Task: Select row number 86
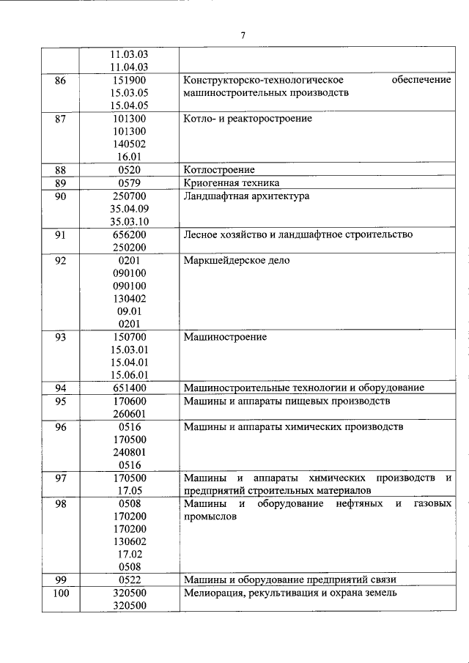click(60, 80)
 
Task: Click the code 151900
click(129, 80)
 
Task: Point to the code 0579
click(129, 182)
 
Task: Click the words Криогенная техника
click(231, 182)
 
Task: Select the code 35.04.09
click(129, 209)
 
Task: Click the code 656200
click(129, 234)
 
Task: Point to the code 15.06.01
click(129, 375)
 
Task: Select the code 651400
click(129, 388)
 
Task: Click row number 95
click(60, 401)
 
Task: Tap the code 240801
click(129, 452)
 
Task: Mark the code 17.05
click(129, 490)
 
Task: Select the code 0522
click(129, 580)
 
